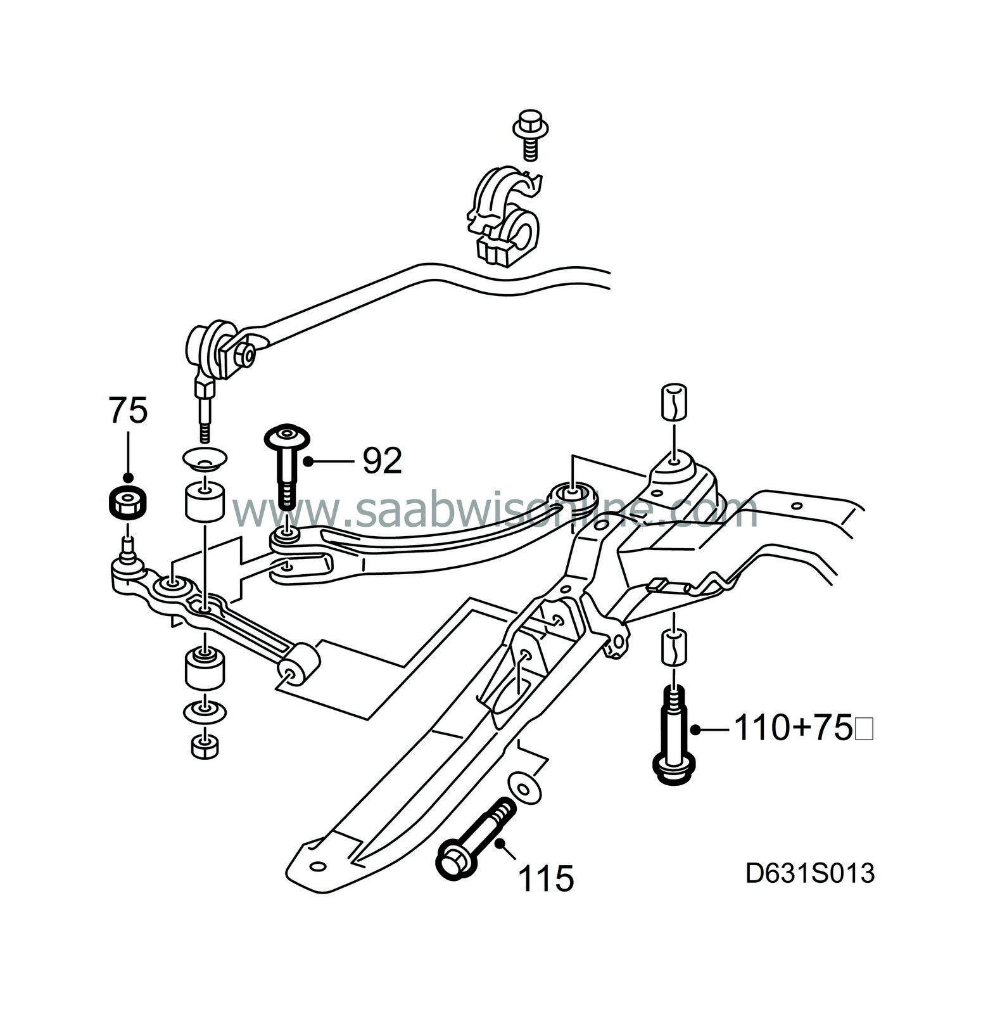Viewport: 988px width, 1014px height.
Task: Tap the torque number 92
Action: click(382, 461)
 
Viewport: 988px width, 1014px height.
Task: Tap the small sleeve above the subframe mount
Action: click(674, 401)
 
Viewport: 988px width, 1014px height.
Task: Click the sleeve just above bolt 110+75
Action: click(674, 646)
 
